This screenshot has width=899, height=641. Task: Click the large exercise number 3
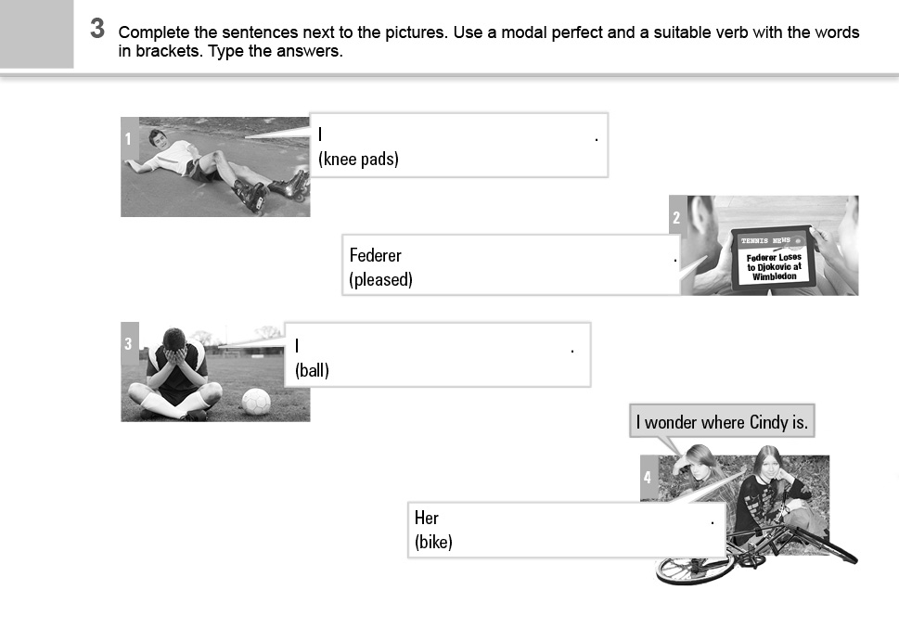[x=97, y=29]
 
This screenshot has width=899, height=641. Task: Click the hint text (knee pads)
[x=358, y=159]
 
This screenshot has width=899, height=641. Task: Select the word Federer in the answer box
[x=376, y=255]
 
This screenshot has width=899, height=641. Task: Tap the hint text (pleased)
[x=380, y=280]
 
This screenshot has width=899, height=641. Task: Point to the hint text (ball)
[x=312, y=370]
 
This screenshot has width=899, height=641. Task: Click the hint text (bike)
[x=433, y=542]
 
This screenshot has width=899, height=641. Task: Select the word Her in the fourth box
[x=427, y=518]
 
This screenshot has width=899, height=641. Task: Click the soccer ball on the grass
[x=256, y=402]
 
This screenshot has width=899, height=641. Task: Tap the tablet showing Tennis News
[x=774, y=259]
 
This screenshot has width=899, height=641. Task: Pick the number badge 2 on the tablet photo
[x=677, y=217]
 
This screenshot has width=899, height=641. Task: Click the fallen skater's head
[x=157, y=138]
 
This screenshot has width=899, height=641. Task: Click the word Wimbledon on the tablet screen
[x=774, y=276]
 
